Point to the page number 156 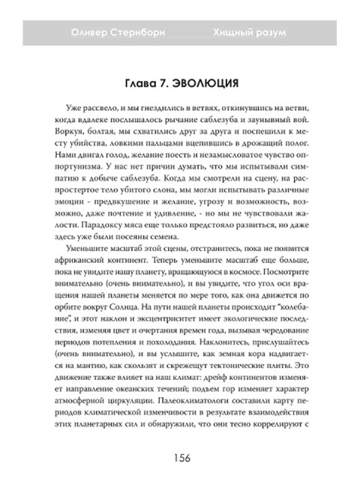180,459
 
